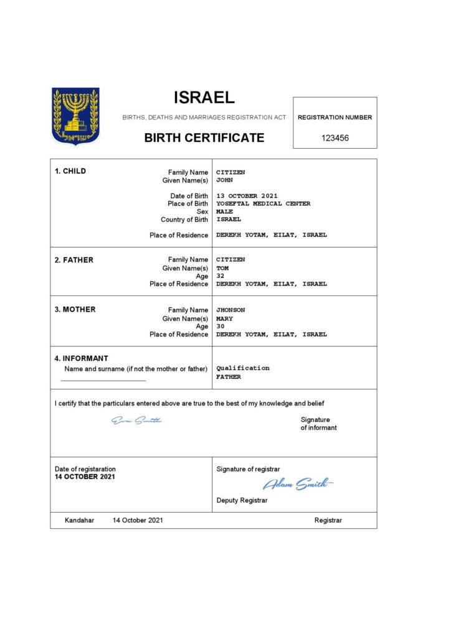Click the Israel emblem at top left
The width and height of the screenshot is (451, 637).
[75, 116]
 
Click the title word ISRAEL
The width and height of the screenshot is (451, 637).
[204, 98]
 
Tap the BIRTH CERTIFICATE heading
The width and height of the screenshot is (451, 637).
[204, 138]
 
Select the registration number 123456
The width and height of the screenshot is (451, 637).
[335, 138]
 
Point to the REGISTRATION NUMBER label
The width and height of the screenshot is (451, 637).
[335, 117]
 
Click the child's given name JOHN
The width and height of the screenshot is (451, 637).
[224, 180]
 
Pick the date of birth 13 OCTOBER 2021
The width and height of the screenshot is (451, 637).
[247, 196]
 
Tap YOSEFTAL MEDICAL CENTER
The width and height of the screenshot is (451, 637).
[263, 204]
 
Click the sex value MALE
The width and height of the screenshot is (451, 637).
[224, 212]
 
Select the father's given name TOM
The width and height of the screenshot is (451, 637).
[222, 268]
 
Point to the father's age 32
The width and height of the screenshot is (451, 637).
[220, 276]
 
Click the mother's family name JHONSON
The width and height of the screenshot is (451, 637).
[230, 310]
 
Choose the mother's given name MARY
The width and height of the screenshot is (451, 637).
[224, 318]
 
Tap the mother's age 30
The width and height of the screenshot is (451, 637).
[220, 327]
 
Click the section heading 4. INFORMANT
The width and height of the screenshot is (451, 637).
[82, 358]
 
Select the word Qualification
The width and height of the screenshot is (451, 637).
[243, 368]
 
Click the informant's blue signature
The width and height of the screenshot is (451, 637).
[136, 421]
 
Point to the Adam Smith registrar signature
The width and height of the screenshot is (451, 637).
[298, 484]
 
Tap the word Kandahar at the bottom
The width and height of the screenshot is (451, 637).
[80, 520]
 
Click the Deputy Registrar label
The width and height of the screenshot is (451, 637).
[242, 500]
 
